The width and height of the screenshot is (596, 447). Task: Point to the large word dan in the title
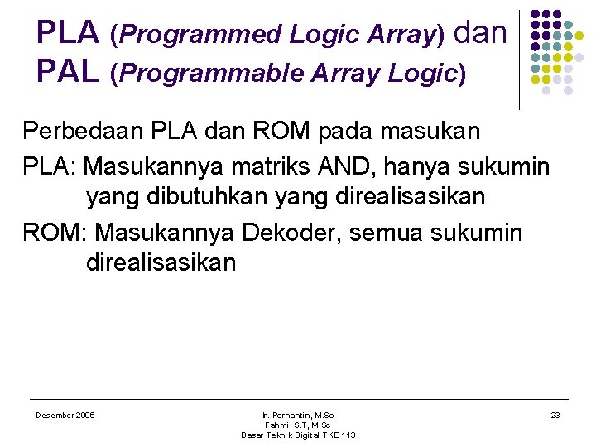click(480, 33)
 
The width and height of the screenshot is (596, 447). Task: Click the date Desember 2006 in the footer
click(65, 415)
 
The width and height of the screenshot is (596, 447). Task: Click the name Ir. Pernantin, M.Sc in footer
click(298, 415)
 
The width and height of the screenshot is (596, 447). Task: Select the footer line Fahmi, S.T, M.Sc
click(298, 425)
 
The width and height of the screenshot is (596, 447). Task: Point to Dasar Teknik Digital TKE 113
click(298, 435)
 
